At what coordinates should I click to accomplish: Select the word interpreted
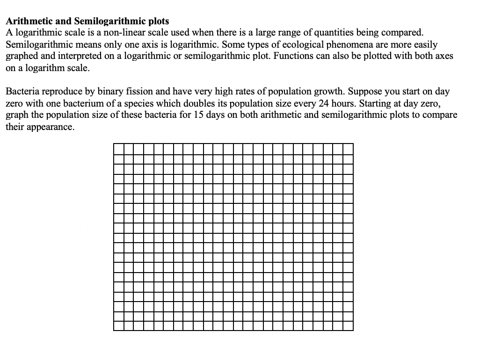point(74,57)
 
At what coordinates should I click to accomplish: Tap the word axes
point(444,57)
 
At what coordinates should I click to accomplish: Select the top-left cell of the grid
point(118,149)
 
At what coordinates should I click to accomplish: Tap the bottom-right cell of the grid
point(348,325)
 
